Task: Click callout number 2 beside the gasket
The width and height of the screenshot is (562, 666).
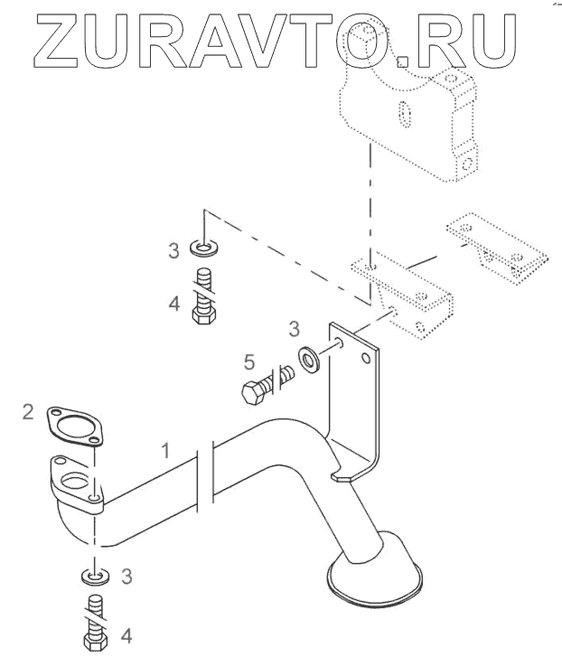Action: pos(29,413)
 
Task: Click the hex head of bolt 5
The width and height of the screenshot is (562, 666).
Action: pos(252,392)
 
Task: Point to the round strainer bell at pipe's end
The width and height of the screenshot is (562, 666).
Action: pos(372,575)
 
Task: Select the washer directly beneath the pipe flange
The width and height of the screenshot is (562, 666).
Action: pos(94,575)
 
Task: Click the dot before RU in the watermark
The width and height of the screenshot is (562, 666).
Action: pos(403,61)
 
